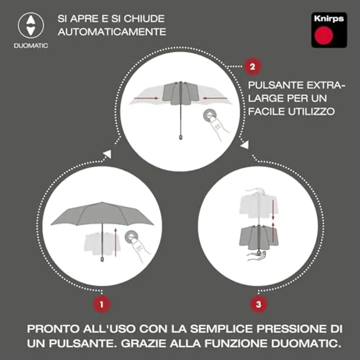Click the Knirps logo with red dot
click(x=328, y=30)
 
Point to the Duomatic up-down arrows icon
click(x=31, y=25)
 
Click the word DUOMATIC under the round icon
click(x=31, y=46)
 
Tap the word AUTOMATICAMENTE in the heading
click(x=112, y=32)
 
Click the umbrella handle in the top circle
click(x=180, y=136)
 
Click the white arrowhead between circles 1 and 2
click(x=107, y=154)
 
